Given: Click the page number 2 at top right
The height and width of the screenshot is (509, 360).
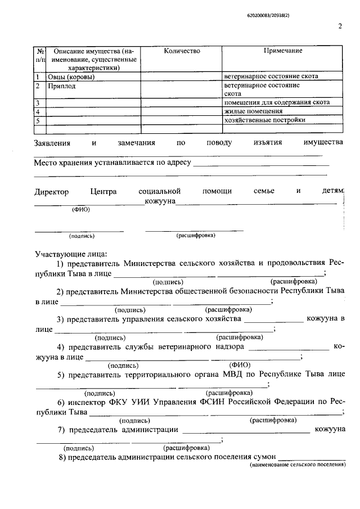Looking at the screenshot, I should coord(340,26).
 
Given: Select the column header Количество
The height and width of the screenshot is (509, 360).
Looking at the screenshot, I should coord(182,51).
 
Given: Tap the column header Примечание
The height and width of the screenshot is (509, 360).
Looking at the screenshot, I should coord(283,51).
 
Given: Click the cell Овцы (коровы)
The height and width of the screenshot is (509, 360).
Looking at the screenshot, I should coord(70,76).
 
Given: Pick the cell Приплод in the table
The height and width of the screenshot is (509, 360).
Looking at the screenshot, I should coord(61,87).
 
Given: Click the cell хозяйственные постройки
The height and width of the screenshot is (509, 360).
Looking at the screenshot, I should coord(265,120).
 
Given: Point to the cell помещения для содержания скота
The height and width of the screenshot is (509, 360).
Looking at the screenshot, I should coord(277,102).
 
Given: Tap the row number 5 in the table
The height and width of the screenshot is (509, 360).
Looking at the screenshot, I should coord(37,120).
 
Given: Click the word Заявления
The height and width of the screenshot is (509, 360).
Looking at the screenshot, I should coord(52,143).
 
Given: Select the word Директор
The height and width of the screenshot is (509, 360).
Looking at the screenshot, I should coord(51,192).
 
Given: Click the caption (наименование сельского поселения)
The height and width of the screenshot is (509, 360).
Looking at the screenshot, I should coord(298,466).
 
